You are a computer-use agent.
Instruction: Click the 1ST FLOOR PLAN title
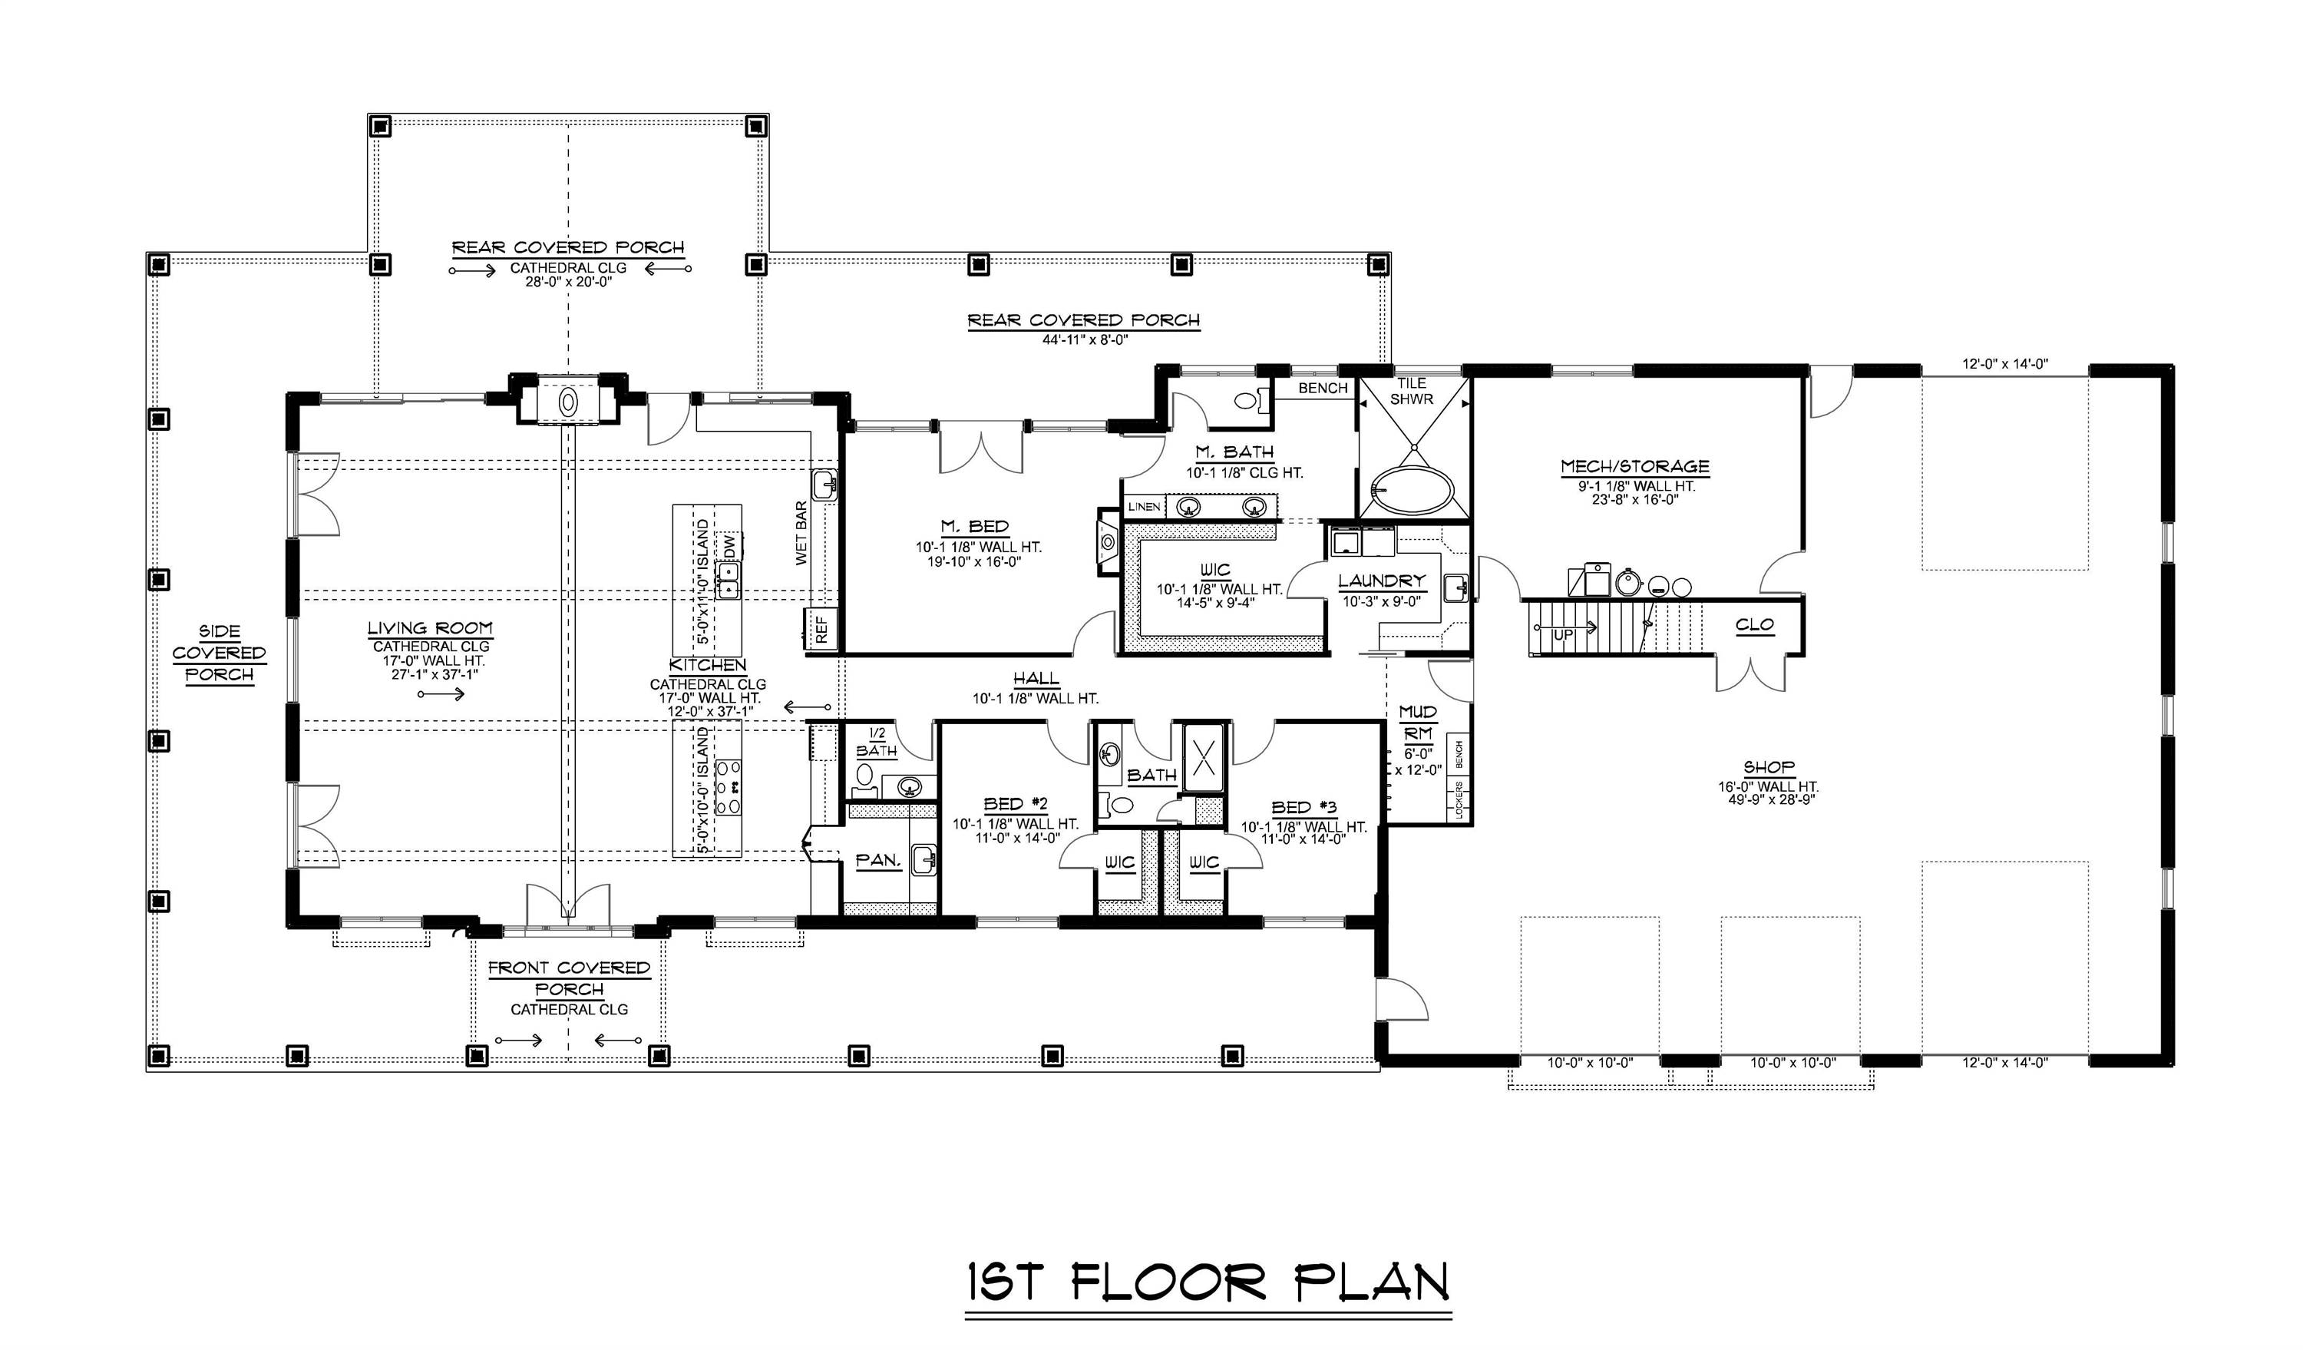(x=1208, y=1282)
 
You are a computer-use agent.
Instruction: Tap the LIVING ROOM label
(x=430, y=629)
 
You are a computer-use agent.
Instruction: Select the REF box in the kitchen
(x=821, y=629)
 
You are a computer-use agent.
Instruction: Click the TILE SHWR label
(x=1411, y=391)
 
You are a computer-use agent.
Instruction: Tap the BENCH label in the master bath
(x=1323, y=389)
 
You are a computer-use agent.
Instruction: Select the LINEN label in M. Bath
(x=1143, y=506)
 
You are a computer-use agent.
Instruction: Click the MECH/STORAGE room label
(x=1634, y=467)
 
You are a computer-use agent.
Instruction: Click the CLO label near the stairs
(x=1754, y=625)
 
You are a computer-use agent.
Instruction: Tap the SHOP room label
(x=1769, y=768)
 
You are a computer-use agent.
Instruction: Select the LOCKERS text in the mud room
(x=1459, y=799)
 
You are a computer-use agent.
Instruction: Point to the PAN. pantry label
(x=878, y=861)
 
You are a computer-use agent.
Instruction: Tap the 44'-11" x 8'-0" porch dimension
(x=1085, y=339)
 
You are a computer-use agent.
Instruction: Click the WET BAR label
(x=801, y=533)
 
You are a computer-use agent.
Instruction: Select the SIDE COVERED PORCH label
(x=220, y=653)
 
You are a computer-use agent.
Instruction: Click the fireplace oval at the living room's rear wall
(x=567, y=402)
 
